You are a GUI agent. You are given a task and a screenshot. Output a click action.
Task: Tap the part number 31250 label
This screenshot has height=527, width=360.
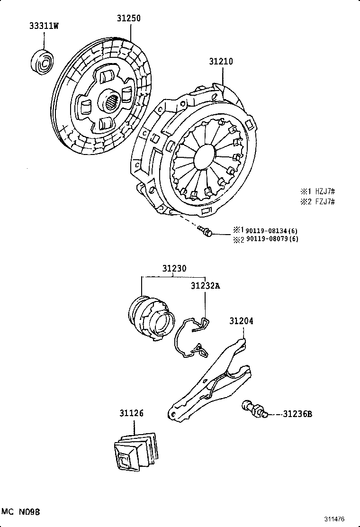coord(129,18)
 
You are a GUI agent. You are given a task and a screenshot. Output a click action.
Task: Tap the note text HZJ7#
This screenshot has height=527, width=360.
coord(324,192)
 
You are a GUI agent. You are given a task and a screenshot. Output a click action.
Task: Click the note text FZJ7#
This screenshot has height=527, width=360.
coord(324,202)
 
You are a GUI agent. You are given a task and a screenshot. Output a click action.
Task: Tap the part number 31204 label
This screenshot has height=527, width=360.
coord(242,321)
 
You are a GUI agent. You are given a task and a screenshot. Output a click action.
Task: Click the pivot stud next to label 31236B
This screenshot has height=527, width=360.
coord(254,409)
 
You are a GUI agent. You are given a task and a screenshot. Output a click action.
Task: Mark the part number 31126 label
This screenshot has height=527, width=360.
coord(131,414)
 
